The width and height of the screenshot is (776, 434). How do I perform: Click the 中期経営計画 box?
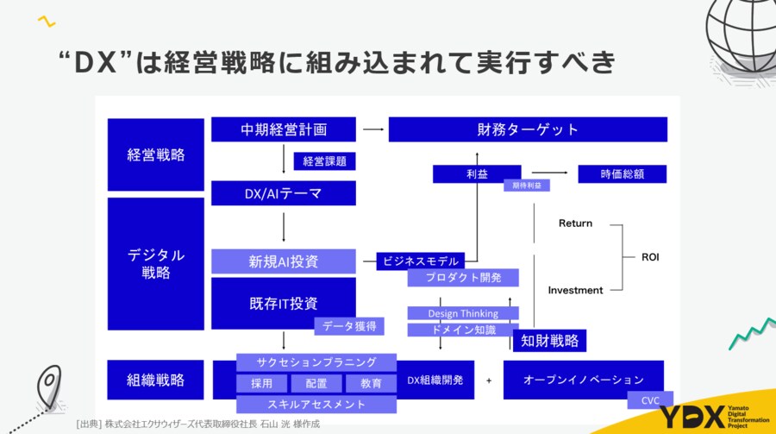pyautogui.click(x=284, y=129)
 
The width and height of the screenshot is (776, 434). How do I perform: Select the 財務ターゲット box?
pyautogui.click(x=528, y=129)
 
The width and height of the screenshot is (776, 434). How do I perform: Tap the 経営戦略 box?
pyautogui.click(x=156, y=155)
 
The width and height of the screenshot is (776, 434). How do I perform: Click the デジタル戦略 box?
pyautogui.click(x=156, y=263)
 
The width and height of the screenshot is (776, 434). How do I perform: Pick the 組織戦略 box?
pyautogui.click(x=156, y=380)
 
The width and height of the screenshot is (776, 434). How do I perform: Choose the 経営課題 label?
pyautogui.click(x=325, y=161)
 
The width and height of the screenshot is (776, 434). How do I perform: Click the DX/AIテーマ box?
pyautogui.click(x=284, y=193)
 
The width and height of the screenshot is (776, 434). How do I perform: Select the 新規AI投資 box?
pyautogui.click(x=284, y=261)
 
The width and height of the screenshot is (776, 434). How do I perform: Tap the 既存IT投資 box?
pyautogui.click(x=284, y=303)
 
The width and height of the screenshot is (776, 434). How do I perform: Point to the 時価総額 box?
pyautogui.click(x=623, y=174)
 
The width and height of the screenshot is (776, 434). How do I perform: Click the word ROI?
pyautogui.click(x=650, y=257)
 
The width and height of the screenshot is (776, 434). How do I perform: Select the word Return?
pyautogui.click(x=575, y=223)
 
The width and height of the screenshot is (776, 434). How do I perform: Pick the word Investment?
pyautogui.click(x=575, y=290)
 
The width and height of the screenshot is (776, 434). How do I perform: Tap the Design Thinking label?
pyautogui.click(x=463, y=313)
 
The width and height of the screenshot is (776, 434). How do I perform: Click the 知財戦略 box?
pyautogui.click(x=549, y=341)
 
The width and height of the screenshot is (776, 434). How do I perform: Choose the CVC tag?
pyautogui.click(x=650, y=400)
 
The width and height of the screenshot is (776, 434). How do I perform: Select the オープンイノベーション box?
pyautogui.click(x=584, y=380)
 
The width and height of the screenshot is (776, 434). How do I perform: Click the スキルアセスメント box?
pyautogui.click(x=316, y=404)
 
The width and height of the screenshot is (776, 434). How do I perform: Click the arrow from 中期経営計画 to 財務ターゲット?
pyautogui.click(x=372, y=129)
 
